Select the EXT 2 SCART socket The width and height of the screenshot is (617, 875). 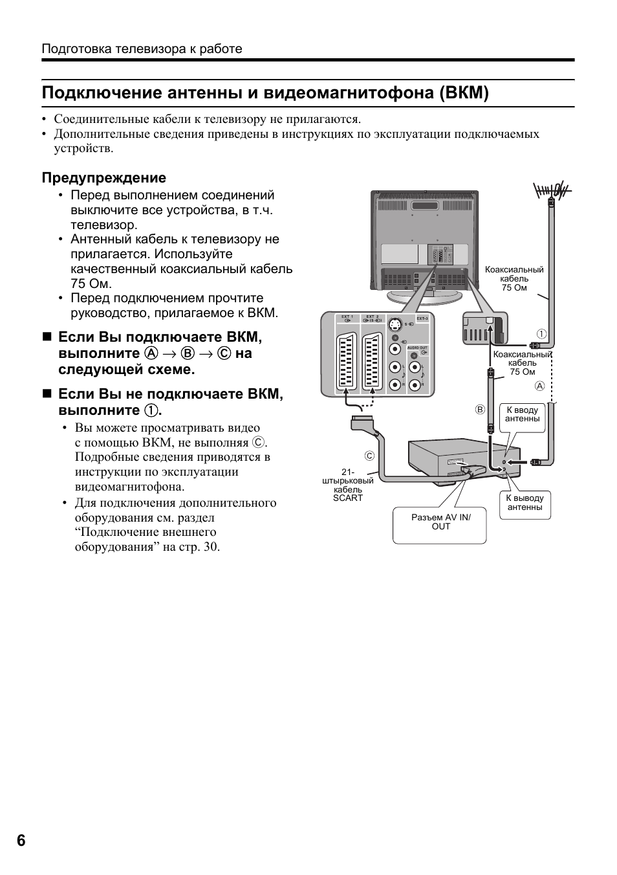(x=372, y=364)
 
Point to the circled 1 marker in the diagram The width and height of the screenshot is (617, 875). (x=542, y=334)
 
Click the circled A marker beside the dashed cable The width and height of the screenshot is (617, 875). (x=540, y=386)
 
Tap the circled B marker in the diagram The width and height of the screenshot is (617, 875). (x=480, y=409)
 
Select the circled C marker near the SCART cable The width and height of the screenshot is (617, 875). (x=369, y=456)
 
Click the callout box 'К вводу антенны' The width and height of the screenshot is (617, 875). (x=522, y=415)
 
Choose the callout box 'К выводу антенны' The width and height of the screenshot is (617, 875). (x=525, y=503)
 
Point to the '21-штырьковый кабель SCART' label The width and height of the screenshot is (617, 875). (x=347, y=485)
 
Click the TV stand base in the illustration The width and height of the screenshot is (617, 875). (x=424, y=297)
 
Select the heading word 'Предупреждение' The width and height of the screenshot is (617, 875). (x=104, y=178)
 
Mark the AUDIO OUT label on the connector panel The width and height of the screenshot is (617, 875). (x=418, y=348)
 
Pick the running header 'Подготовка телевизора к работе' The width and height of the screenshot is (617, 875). (x=142, y=49)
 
